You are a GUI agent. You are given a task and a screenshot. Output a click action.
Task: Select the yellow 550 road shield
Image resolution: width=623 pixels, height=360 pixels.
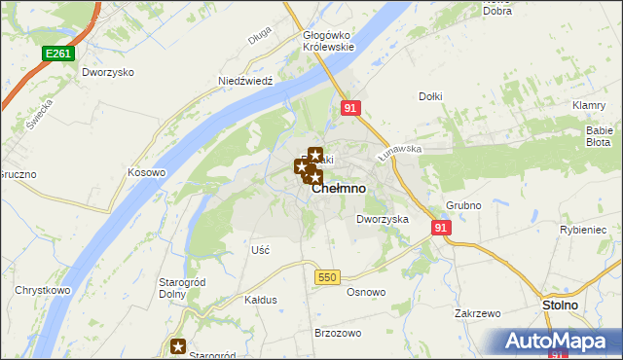[326, 277]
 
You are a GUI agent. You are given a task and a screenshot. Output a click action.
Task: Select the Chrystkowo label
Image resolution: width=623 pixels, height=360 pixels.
[41, 291]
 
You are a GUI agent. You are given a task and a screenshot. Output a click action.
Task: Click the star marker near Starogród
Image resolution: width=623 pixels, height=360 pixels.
[178, 345]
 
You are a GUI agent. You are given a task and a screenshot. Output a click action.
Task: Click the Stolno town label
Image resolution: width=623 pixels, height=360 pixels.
[559, 306]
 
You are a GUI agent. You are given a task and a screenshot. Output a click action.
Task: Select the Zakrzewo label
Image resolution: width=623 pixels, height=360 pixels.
[477, 314]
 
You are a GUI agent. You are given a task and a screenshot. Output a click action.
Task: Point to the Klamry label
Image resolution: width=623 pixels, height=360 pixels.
[590, 105]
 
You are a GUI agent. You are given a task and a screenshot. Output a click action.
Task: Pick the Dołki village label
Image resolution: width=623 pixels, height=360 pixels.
[430, 96]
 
